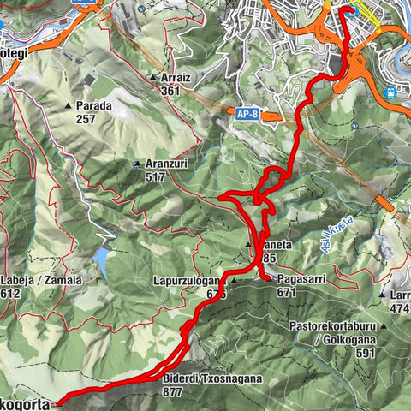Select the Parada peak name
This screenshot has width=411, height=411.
coord(94,105)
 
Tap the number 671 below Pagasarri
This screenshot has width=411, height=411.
coord(287,292)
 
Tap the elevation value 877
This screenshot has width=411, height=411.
coord(173,392)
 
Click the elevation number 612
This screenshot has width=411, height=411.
coord(10,293)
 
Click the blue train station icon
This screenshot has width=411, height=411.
coord(391,92)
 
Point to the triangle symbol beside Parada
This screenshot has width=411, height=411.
coord(68,105)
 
